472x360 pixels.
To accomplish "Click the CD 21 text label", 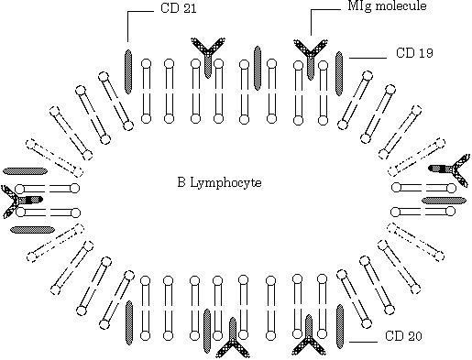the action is [x=179, y=8].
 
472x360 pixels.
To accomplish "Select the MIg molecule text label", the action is [x=387, y=5].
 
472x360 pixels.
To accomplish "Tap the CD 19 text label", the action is [x=414, y=53].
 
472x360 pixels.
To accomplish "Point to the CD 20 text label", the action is [x=403, y=336].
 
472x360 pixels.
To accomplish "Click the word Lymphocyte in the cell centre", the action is [x=225, y=183].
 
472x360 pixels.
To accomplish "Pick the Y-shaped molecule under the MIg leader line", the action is [x=311, y=58].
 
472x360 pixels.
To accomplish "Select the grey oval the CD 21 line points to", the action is [x=128, y=71].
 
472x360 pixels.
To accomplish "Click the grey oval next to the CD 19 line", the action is [x=339, y=73].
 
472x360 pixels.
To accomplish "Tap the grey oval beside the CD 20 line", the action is [x=340, y=326].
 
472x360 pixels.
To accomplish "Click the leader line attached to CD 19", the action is [x=368, y=58].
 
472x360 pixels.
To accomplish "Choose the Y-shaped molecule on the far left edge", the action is [x=18, y=201].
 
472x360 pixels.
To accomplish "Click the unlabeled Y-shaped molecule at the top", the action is [x=208, y=57].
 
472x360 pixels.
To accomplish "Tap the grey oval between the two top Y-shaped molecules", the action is [x=258, y=68].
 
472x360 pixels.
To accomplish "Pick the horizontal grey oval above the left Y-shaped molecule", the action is [x=25, y=171].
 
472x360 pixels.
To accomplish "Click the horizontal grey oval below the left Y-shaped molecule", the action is [x=33, y=230].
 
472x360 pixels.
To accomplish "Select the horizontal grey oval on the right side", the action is [x=445, y=201].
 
